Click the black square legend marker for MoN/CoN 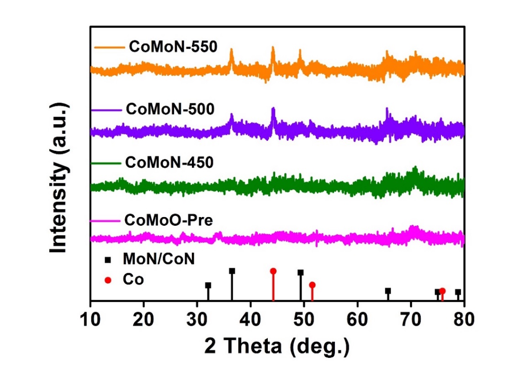pyautogui.click(x=108, y=260)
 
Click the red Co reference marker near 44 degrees pyautogui.click(x=273, y=271)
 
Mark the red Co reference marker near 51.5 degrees pyautogui.click(x=312, y=285)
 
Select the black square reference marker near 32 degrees pyautogui.click(x=208, y=285)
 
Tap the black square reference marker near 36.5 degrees pyautogui.click(x=232, y=271)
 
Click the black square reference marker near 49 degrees pyautogui.click(x=301, y=272)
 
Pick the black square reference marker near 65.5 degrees pyautogui.click(x=388, y=291)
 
